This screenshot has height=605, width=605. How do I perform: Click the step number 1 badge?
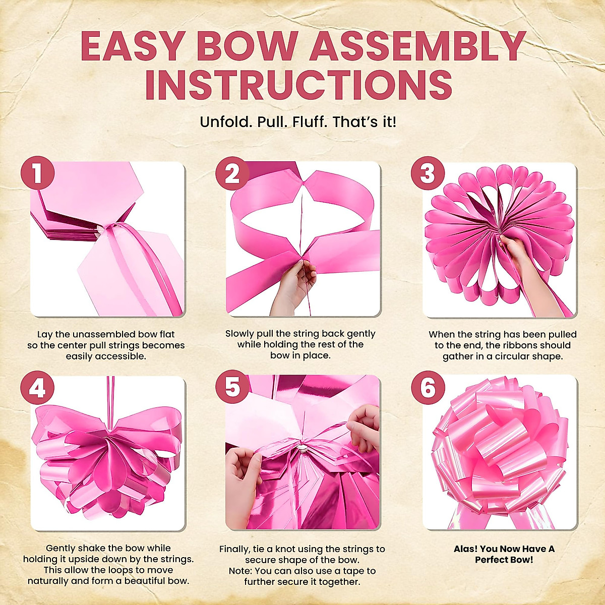click(37, 174)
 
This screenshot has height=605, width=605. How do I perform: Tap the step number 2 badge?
click(232, 174)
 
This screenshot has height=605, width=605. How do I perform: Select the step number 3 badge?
click(428, 174)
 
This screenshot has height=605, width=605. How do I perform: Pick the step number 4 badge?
click(37, 388)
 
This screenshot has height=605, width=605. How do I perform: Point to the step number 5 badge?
click(232, 388)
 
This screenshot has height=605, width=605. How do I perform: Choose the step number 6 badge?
click(428, 388)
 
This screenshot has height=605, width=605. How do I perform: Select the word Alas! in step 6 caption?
click(465, 549)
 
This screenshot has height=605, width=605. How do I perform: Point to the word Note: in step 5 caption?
click(240, 571)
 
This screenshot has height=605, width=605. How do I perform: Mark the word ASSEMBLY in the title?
click(418, 46)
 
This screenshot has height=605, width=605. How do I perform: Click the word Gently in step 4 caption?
click(62, 548)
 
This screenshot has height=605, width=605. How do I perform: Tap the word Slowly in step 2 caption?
click(241, 334)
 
